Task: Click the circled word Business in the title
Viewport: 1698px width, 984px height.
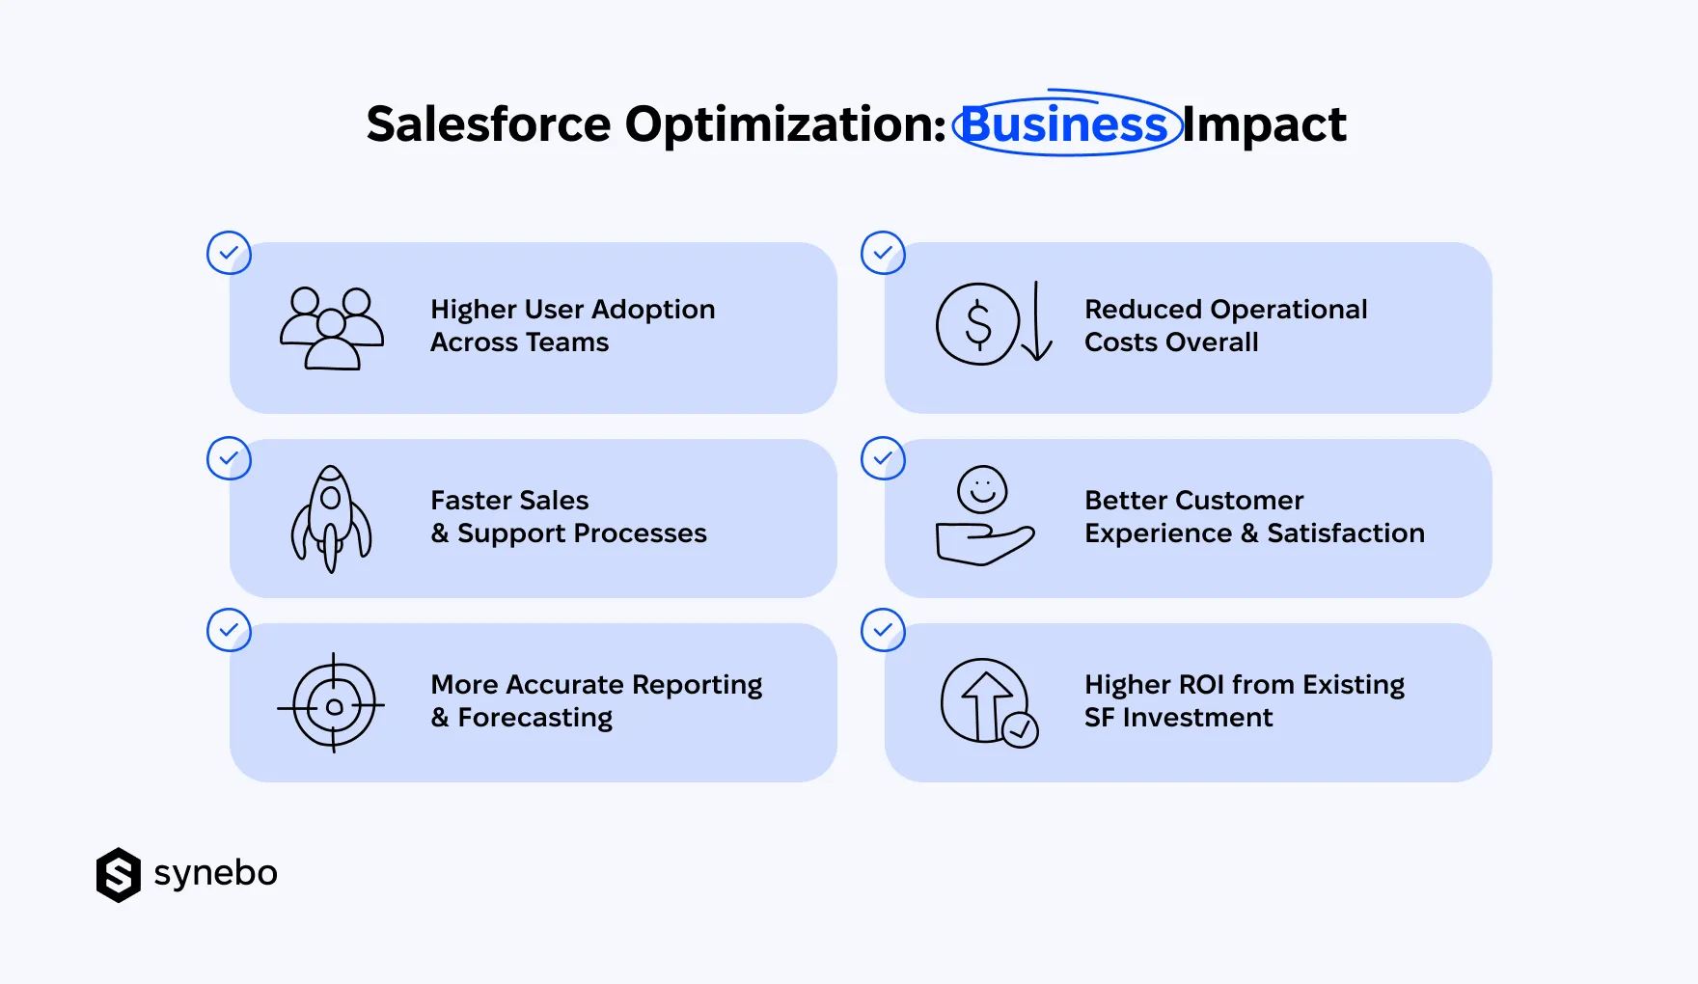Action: [x=1065, y=125]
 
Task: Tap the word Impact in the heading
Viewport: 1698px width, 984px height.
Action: [x=1264, y=125]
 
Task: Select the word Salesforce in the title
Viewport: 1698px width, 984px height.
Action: [x=488, y=125]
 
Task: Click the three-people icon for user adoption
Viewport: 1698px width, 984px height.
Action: [x=331, y=328]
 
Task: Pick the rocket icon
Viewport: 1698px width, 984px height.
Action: [x=331, y=519]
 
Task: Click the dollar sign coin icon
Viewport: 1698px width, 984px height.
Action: [x=977, y=324]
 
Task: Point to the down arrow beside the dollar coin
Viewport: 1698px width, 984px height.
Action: [x=1037, y=322]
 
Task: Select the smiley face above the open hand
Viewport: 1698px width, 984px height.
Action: [x=982, y=490]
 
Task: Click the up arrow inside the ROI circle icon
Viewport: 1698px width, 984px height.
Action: [x=984, y=700]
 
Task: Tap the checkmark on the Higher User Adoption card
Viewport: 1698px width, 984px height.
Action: [x=229, y=253]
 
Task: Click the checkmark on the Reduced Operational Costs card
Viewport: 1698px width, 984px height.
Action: [x=883, y=253]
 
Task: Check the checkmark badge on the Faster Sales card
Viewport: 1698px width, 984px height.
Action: [x=229, y=458]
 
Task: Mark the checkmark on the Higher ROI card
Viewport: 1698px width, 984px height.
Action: [x=883, y=630]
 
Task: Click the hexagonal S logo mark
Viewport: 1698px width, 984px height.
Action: [x=119, y=875]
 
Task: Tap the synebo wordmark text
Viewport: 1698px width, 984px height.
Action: [x=215, y=873]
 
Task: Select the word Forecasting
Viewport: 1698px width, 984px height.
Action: [x=535, y=718]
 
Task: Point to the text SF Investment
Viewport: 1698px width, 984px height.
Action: [x=1178, y=718]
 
